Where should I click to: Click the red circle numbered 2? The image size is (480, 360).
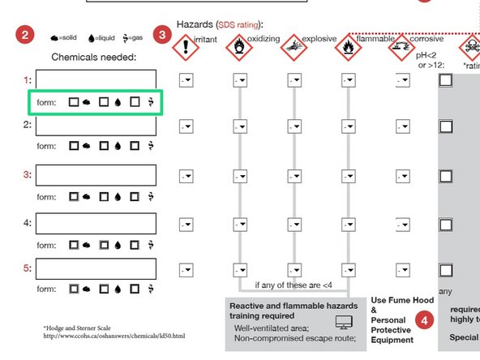click(x=25, y=35)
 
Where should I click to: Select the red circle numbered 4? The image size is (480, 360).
click(x=423, y=320)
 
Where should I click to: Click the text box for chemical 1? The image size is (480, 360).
click(x=95, y=80)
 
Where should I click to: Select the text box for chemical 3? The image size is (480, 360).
click(x=95, y=175)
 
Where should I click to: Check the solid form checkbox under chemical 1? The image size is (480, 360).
click(x=74, y=103)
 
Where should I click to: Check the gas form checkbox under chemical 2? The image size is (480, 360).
click(x=135, y=146)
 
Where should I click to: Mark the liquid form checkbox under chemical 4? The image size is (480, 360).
click(x=104, y=244)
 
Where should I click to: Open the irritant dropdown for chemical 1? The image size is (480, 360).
click(x=186, y=79)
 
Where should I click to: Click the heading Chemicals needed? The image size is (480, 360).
click(x=94, y=58)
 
